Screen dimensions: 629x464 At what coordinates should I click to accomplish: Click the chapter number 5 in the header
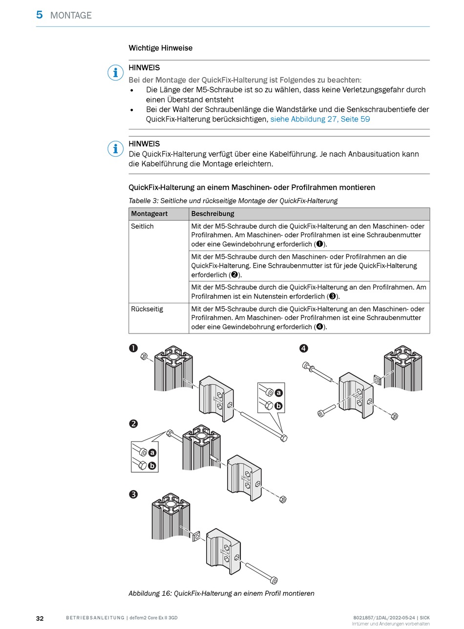[x=39, y=15]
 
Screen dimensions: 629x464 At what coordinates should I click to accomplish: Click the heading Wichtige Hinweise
[x=160, y=48]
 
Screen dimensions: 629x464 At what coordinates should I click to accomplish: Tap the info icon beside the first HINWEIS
[x=115, y=73]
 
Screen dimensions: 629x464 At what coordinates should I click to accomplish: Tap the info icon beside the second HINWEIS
[x=115, y=148]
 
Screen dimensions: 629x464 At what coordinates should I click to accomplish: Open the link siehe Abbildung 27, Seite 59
[x=320, y=119]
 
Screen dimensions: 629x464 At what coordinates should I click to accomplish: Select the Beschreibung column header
[x=212, y=214]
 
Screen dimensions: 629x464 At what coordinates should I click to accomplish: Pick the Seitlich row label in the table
[x=142, y=227]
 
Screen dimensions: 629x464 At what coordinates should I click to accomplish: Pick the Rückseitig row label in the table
[x=147, y=309]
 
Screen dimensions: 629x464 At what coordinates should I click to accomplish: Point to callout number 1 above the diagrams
[x=133, y=348]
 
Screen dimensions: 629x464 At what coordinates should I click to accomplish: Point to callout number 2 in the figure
[x=133, y=423]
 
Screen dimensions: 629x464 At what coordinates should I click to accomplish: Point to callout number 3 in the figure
[x=133, y=494]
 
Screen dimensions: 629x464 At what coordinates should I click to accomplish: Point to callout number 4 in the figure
[x=304, y=348]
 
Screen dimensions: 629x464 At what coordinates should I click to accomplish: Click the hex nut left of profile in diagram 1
[x=145, y=356]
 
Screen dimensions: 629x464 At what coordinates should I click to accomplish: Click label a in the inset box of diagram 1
[x=279, y=393]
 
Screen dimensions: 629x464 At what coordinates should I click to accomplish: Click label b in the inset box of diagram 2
[x=152, y=465]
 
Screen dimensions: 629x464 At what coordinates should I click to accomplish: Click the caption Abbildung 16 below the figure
[x=221, y=593]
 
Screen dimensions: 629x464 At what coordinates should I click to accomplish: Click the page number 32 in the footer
[x=40, y=618]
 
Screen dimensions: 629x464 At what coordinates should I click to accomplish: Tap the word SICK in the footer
[x=425, y=618]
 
